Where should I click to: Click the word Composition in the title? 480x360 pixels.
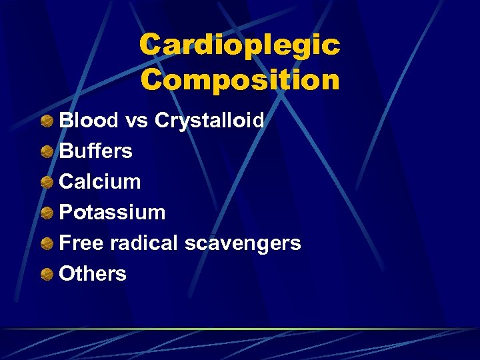click(x=239, y=80)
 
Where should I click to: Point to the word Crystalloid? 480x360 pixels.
click(x=209, y=122)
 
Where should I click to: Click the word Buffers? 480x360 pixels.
click(x=96, y=151)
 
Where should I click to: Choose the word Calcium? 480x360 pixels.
click(x=100, y=182)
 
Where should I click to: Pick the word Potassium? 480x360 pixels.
click(x=112, y=213)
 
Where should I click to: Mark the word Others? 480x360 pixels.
click(x=93, y=274)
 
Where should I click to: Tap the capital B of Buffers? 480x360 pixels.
click(x=67, y=151)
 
